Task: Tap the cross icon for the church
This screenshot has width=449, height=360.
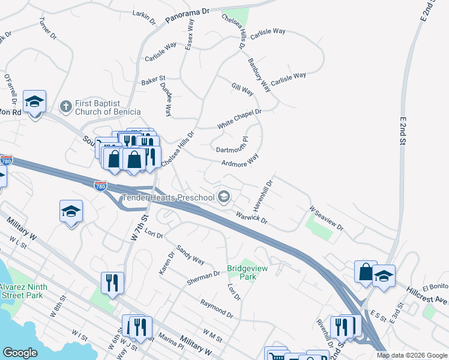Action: coord(66,107)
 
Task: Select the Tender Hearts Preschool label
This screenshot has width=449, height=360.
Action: coord(167,197)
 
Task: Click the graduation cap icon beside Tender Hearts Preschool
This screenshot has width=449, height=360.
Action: coord(224,197)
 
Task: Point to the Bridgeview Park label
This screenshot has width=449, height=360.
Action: coord(241,273)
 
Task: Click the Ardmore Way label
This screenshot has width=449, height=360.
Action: coord(240,160)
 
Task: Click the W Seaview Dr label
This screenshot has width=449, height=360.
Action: coord(326,219)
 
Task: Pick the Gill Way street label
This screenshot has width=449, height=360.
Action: coord(243,89)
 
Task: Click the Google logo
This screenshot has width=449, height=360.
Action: coord(20,353)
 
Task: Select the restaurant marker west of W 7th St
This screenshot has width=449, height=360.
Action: coord(112,281)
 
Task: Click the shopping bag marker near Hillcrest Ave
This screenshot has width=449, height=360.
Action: coord(365,271)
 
